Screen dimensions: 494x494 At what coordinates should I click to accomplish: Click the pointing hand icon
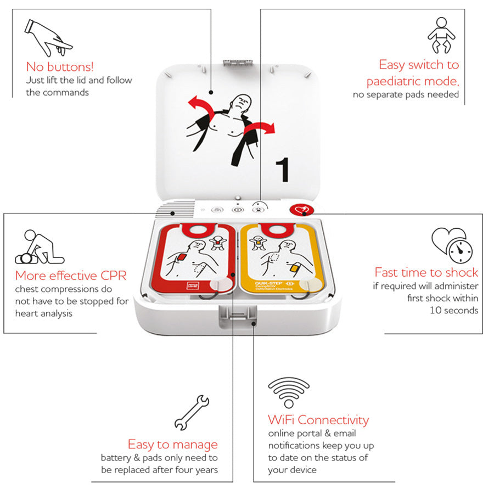pos(48,37)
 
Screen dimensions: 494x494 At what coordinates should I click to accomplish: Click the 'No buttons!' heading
pos(60,67)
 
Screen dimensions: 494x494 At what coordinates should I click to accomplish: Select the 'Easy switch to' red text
pos(419,65)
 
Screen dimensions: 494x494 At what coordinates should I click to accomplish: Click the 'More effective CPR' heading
pos(71,276)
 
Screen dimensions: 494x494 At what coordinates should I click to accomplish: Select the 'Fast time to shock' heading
pos(426,272)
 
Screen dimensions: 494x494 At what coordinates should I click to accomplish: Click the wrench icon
pos(191,412)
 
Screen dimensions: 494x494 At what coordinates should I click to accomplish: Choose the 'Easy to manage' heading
pos(172,444)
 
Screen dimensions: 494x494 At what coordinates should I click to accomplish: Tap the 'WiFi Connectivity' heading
pos(318,420)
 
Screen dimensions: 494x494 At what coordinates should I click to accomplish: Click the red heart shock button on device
pos(301,210)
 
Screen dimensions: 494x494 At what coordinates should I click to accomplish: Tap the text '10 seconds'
pos(454,310)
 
